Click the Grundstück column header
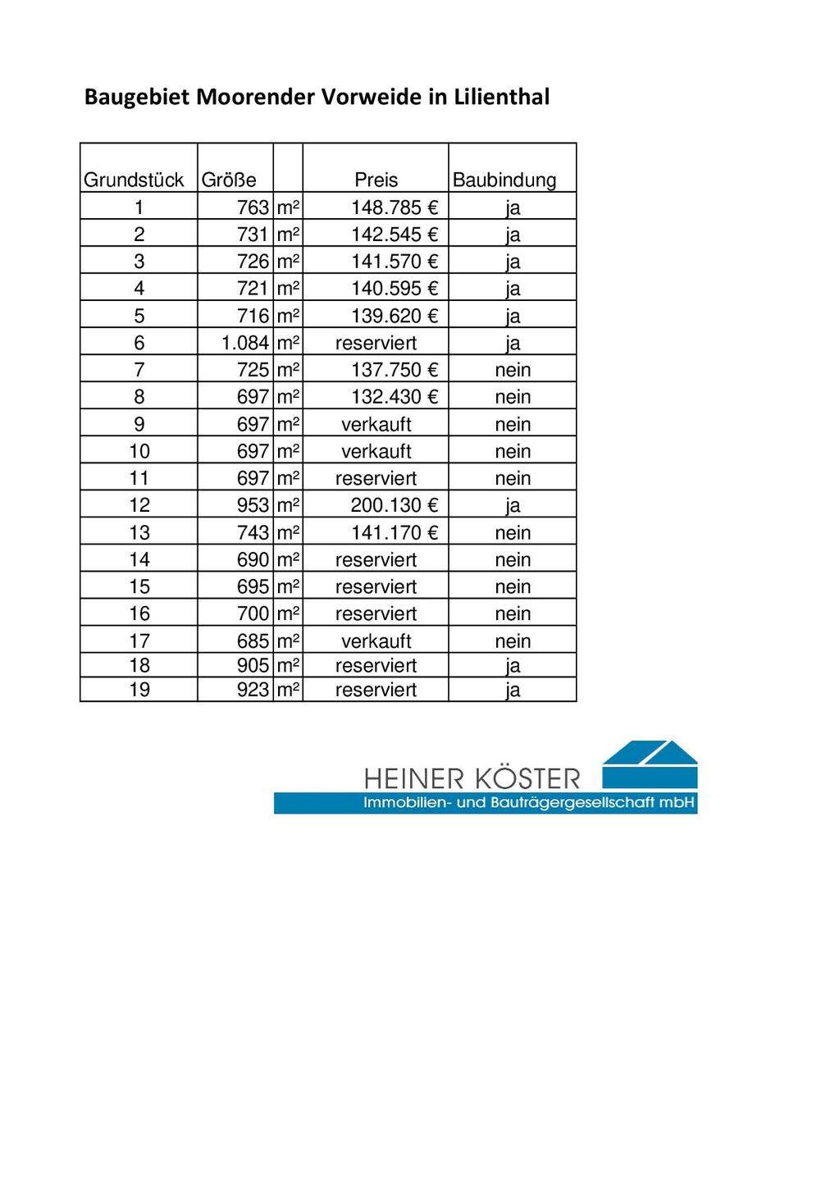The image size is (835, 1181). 134,180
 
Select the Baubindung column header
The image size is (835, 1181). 504,180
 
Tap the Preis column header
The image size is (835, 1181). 376,180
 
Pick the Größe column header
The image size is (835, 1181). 229,180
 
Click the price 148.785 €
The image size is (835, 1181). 395,207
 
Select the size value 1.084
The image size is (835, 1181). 245,343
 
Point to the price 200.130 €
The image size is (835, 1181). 395,505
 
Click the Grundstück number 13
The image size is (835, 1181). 139,533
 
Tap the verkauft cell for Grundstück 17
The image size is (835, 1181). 376,641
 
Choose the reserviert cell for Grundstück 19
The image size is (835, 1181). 376,691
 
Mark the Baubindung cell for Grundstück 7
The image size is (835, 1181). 513,370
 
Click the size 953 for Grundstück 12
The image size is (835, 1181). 253,505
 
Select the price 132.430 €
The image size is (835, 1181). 395,397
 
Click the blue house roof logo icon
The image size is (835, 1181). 650,764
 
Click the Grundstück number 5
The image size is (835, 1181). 139,316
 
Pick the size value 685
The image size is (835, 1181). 253,641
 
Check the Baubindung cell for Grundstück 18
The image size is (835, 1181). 513,666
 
